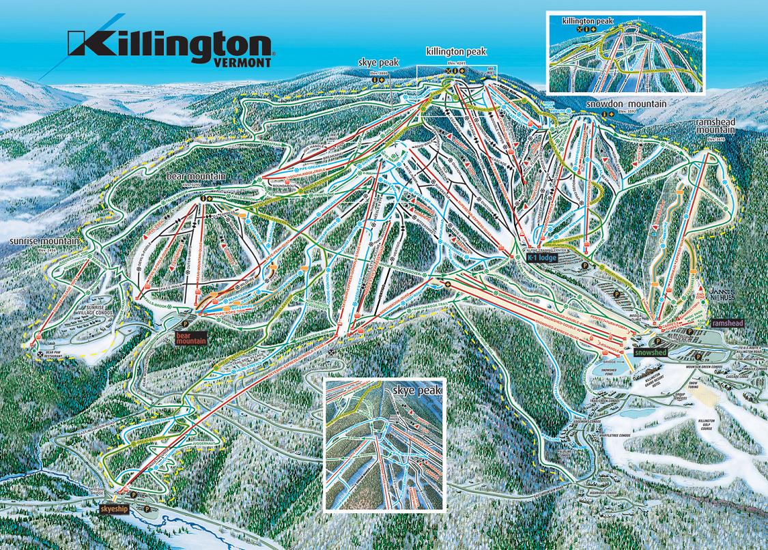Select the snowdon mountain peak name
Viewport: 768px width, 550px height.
(x=625, y=104)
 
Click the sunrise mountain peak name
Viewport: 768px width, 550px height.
(x=42, y=242)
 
